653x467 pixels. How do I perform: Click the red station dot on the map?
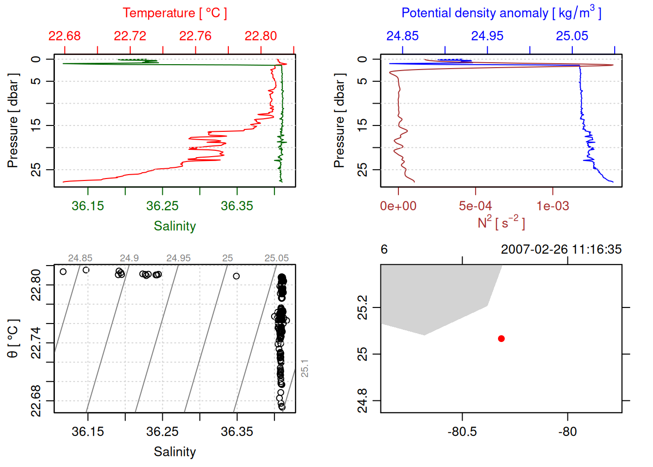[501, 339]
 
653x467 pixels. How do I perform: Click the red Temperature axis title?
[175, 13]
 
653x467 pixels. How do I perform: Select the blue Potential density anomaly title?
[501, 13]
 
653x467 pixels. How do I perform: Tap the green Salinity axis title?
[175, 226]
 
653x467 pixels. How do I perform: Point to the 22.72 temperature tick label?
[130, 36]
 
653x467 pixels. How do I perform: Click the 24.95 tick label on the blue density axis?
[487, 36]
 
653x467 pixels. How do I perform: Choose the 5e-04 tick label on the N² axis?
[475, 206]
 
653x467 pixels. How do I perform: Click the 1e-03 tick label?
[552, 206]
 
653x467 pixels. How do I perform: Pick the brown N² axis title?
[501, 223]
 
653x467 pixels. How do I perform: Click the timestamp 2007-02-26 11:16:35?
[561, 250]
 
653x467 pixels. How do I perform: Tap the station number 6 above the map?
[384, 250]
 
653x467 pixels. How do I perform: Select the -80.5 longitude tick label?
[462, 432]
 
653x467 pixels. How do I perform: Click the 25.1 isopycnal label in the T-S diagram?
[305, 368]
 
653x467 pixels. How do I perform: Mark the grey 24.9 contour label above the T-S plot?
[129, 258]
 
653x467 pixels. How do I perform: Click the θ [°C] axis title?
[13, 339]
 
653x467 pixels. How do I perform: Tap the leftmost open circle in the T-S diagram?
[63, 271]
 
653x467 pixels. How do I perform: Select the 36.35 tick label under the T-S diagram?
[237, 432]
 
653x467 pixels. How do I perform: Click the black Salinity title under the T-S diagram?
[175, 452]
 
